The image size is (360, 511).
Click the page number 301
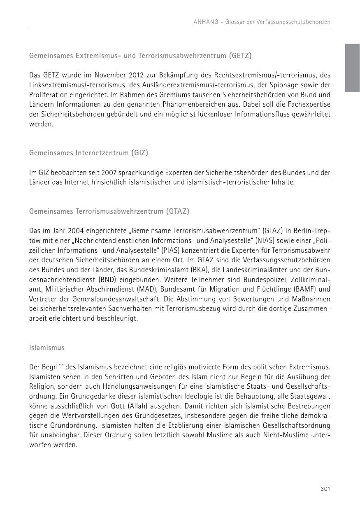pos(325,489)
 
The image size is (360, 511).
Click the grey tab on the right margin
pos(352,68)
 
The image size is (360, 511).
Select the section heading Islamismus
pos(47,348)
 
